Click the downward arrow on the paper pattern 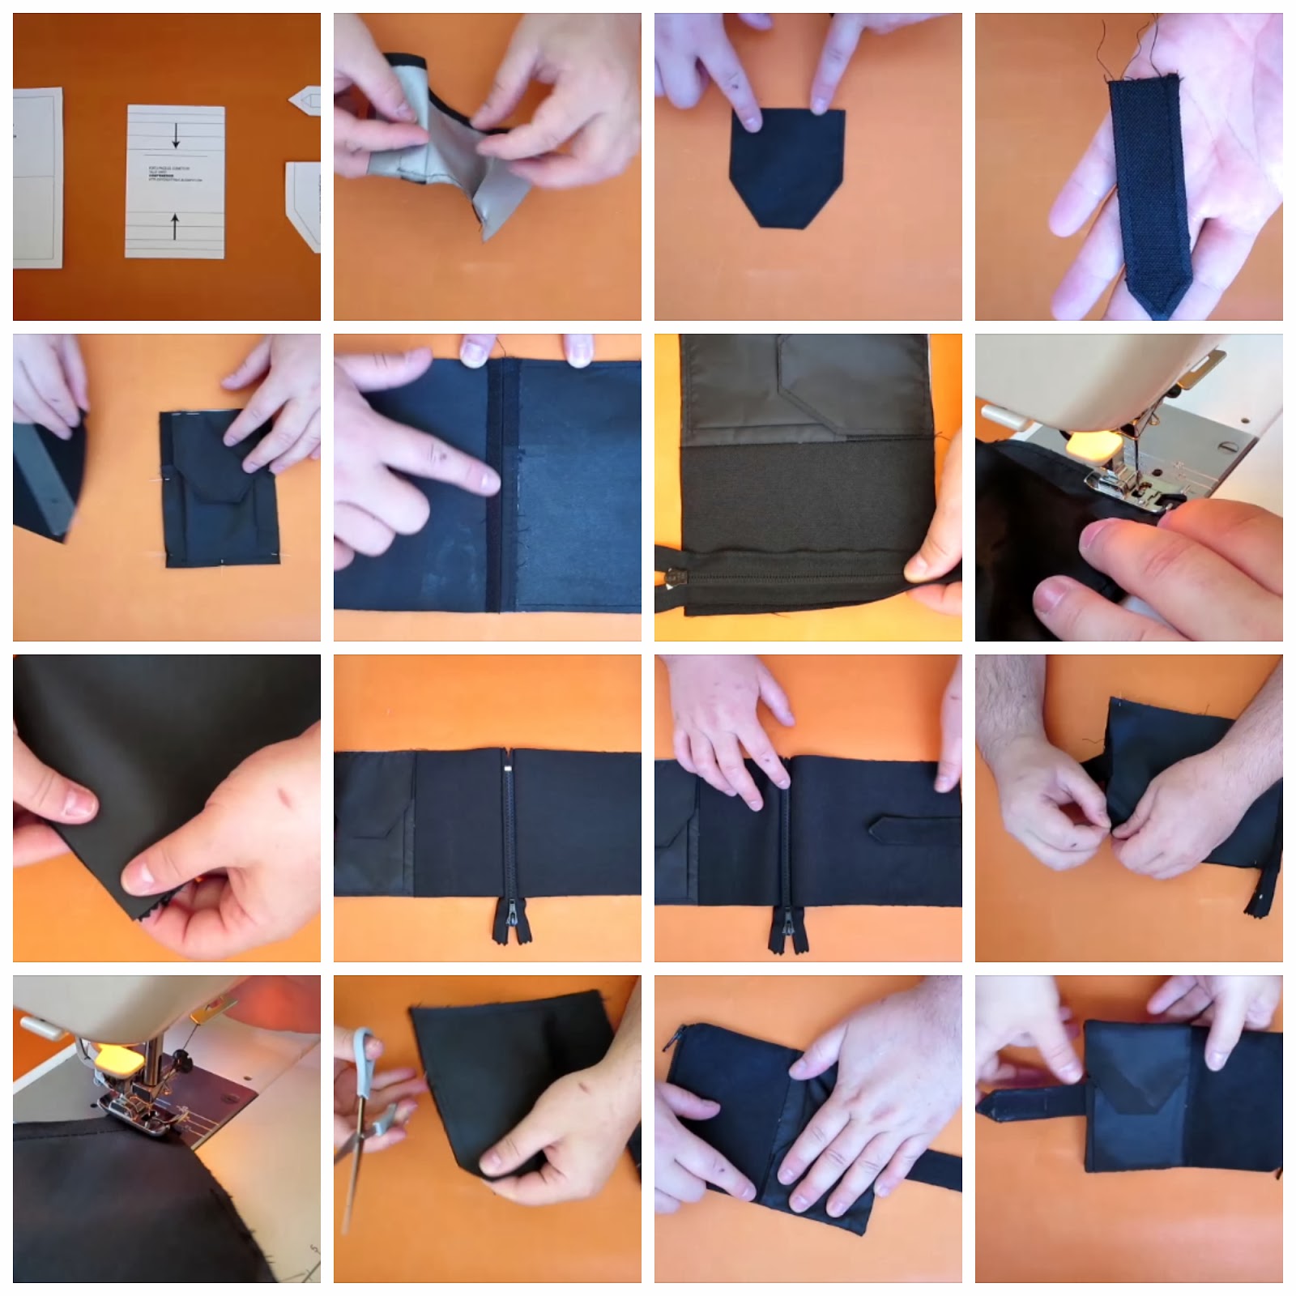click(x=175, y=139)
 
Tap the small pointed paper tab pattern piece click(x=305, y=102)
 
